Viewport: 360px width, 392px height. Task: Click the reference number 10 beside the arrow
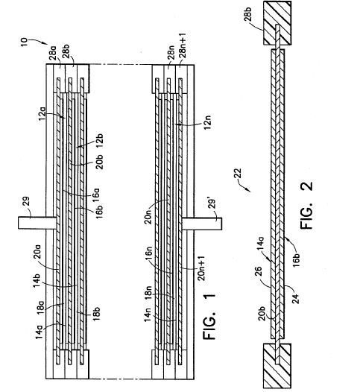tap(24, 42)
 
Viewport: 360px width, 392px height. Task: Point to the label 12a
tap(42, 114)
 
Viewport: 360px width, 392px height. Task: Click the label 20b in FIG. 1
tap(99, 162)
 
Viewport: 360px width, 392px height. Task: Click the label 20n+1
tap(201, 268)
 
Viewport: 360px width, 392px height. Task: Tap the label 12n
tap(207, 122)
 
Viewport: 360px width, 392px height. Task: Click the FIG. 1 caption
tap(209, 316)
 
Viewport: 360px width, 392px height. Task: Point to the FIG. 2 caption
tap(306, 205)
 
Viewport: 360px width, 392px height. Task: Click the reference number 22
tap(238, 174)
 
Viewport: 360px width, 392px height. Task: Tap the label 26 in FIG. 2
tap(259, 271)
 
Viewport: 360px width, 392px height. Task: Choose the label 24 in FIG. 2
tap(296, 299)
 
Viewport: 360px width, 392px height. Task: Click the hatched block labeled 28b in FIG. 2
tap(277, 23)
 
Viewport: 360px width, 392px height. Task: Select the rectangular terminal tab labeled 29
tap(37, 223)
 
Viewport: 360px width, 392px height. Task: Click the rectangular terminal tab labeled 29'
tap(202, 224)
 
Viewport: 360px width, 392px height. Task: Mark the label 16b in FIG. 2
tap(296, 260)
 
